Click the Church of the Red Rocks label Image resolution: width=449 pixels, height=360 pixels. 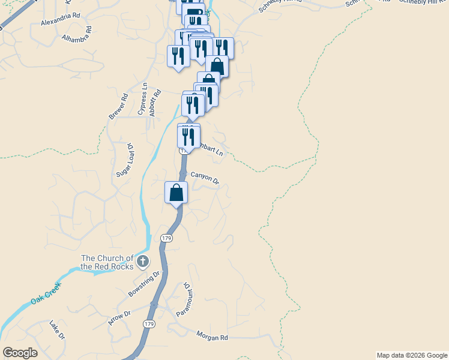click(x=107, y=262)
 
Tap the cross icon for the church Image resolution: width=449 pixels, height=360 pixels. click(x=142, y=261)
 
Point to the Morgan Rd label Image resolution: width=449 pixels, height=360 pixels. click(x=212, y=338)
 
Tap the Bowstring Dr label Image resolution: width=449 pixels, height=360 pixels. click(x=145, y=284)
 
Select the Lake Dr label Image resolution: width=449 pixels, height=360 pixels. click(x=57, y=329)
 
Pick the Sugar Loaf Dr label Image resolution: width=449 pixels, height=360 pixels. click(x=123, y=160)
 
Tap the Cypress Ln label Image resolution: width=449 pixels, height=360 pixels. click(x=142, y=99)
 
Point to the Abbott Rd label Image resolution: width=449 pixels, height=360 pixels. click(x=155, y=101)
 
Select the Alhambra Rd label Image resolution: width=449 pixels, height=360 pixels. click(x=77, y=34)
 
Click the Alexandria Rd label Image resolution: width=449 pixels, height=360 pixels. click(x=60, y=22)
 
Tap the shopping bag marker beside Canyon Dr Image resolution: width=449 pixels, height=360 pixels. click(x=176, y=193)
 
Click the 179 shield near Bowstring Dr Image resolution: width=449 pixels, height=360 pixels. click(x=167, y=238)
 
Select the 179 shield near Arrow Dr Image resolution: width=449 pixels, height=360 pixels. click(x=149, y=324)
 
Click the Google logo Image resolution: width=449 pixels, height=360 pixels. click(x=20, y=353)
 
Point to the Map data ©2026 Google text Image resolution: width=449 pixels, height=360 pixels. click(x=411, y=355)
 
